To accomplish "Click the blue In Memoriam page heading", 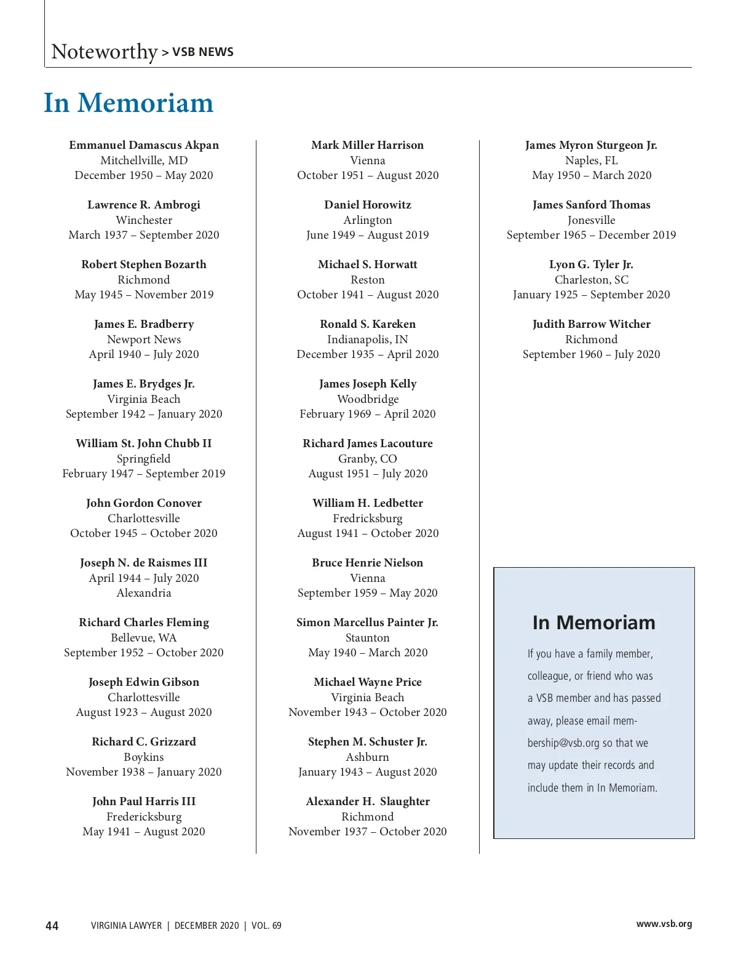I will [x=129, y=103].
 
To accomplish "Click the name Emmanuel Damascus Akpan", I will [x=144, y=145].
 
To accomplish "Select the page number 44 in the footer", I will [x=52, y=926].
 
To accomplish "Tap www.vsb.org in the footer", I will [x=664, y=924].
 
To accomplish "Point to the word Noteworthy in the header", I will [x=105, y=52].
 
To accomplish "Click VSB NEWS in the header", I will [x=203, y=52].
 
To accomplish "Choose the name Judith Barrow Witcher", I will [x=591, y=324].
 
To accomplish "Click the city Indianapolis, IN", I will [x=367, y=340].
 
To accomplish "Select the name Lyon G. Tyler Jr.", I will [x=591, y=264].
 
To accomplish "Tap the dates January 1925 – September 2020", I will [x=591, y=295].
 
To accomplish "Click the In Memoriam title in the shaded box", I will [x=593, y=622].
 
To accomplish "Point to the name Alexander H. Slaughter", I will [x=367, y=801].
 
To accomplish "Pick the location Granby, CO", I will [x=367, y=459].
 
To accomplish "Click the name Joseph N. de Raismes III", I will [x=144, y=563].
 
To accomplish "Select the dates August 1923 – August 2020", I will [x=144, y=712].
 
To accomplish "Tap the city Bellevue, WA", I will [x=144, y=638].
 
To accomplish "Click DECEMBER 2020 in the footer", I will [x=207, y=926].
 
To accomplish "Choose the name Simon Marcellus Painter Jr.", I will [x=367, y=622].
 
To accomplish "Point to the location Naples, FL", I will [x=591, y=161].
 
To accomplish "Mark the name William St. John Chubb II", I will [x=144, y=443].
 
